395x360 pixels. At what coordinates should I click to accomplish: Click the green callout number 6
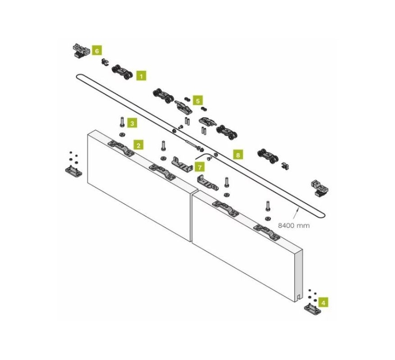pos(97,50)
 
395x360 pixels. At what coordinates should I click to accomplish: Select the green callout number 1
pos(141,76)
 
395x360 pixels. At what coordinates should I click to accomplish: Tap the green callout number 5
pos(198,100)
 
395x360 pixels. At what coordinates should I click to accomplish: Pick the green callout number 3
pos(132,123)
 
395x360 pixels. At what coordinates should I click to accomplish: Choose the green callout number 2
pos(138,145)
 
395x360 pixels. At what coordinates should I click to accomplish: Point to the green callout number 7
pos(200,167)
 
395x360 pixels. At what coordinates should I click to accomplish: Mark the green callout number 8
pos(238,155)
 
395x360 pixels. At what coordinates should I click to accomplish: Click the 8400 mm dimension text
pos(294,225)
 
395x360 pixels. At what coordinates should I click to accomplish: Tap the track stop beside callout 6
pos(81,51)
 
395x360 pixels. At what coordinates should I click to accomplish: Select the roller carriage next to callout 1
pos(122,72)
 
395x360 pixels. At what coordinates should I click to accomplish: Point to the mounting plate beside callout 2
pos(121,148)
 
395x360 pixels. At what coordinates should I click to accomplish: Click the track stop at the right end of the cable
pos(320,188)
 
